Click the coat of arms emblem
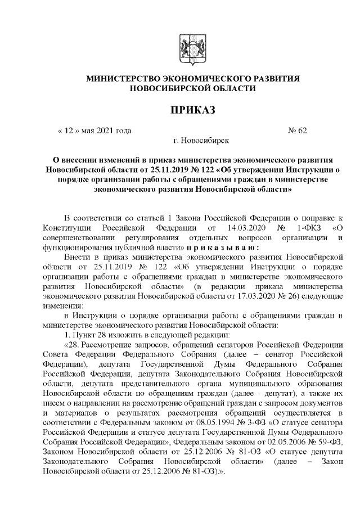click(x=192, y=49)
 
